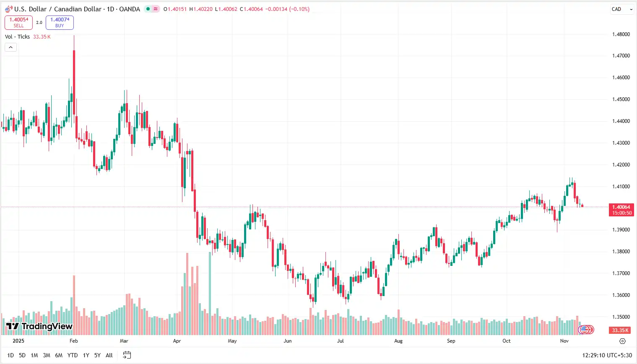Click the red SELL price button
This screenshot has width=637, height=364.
pos(18,22)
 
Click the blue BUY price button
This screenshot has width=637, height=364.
pos(60,22)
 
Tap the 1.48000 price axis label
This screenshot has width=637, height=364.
pos(621,34)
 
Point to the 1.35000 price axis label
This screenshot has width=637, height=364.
pos(621,317)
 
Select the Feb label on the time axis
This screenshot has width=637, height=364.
pos(74,341)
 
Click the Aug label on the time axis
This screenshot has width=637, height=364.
pos(398,341)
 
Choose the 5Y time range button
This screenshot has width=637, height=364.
pos(97,355)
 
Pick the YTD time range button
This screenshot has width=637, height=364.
pos(73,355)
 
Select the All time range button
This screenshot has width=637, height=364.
pos(109,355)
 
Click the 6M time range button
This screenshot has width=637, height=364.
pos(59,355)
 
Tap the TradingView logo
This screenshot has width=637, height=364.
pos(39,326)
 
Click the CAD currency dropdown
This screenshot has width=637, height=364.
pos(621,9)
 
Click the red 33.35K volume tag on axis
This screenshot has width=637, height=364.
pos(620,330)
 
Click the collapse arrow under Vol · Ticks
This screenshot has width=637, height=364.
pos(10,47)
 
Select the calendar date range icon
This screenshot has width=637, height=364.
pos(127,355)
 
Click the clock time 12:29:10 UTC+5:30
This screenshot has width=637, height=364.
pos(606,355)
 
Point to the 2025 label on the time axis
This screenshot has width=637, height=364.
pos(18,341)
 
